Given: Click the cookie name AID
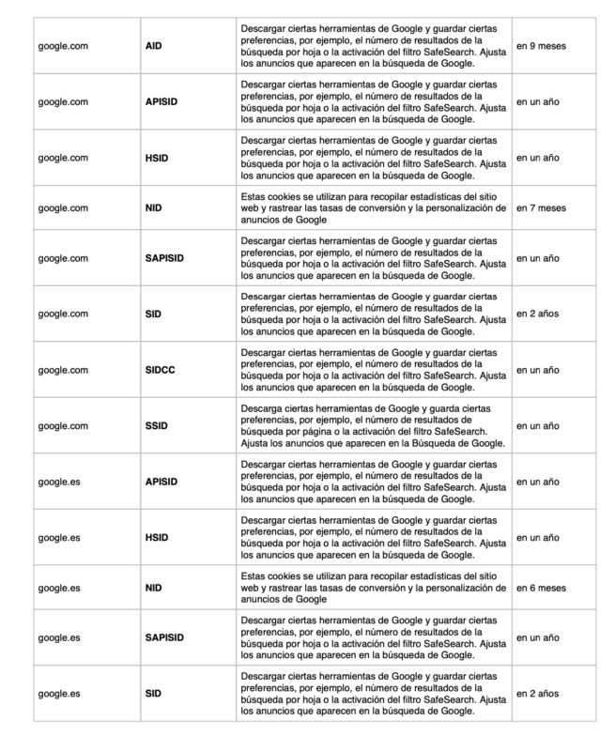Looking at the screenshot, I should (155, 45).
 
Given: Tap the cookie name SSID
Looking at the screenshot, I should (157, 425).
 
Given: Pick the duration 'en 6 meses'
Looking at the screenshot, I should (542, 589).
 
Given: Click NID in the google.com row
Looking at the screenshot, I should (155, 208).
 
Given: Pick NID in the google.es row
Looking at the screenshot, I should (155, 589).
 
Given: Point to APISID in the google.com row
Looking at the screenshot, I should (162, 100).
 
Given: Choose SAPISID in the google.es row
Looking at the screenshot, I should (165, 638).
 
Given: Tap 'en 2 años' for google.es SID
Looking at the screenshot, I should (538, 693).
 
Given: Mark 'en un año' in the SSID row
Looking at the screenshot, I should (538, 425).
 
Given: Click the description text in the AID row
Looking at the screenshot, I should (371, 45).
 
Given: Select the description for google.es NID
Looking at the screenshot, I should (371, 589).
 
